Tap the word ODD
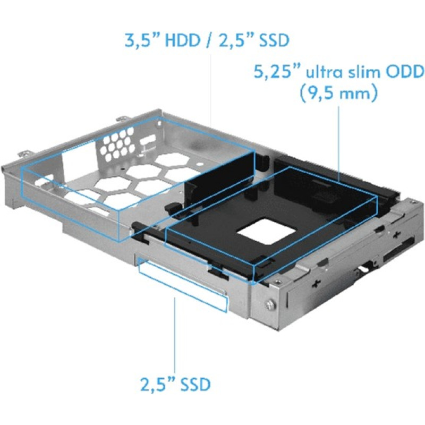click(408, 72)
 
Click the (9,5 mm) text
click(338, 94)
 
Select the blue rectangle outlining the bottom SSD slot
click(183, 284)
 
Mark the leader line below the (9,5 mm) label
click(338, 138)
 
